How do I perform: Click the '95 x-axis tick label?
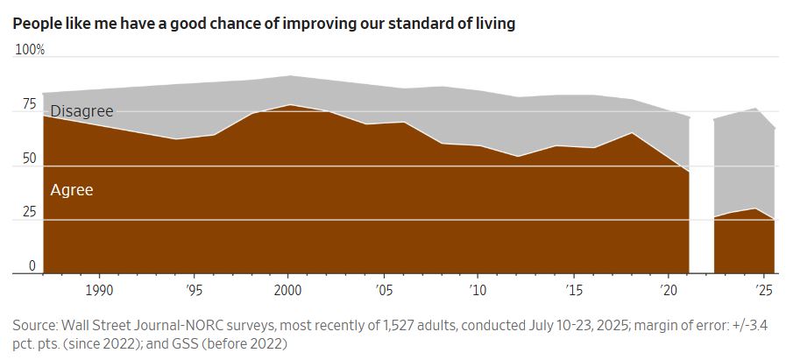click(x=195, y=289)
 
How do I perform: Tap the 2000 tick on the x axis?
click(x=288, y=289)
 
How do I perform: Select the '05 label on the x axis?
click(x=383, y=289)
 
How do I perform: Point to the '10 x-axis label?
click(x=478, y=289)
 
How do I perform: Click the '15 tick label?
click(x=572, y=289)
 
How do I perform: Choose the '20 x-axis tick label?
click(x=667, y=289)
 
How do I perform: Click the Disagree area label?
click(x=82, y=112)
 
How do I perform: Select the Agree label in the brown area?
click(x=72, y=189)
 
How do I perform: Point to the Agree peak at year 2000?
click(x=288, y=105)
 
